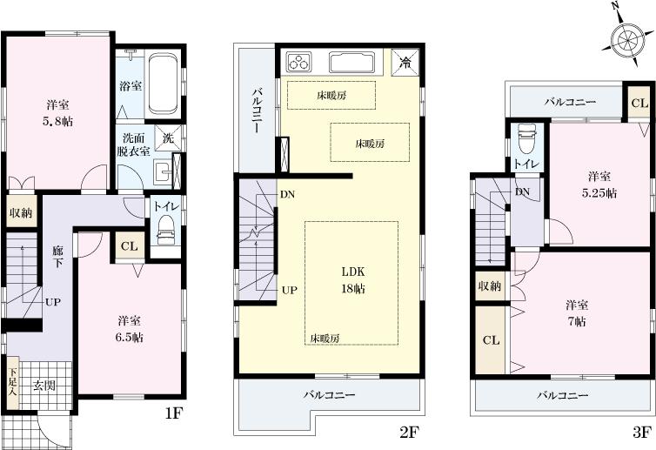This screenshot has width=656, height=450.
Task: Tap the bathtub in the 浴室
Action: point(163,84)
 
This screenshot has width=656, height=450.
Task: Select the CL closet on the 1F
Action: point(129,245)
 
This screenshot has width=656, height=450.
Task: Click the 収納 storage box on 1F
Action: point(22,213)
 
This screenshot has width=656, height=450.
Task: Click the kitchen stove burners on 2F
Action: point(300,62)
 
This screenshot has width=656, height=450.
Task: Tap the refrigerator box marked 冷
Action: point(406,62)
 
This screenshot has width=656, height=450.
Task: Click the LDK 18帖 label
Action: point(351,279)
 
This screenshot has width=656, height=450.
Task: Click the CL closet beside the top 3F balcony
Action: point(639,103)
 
